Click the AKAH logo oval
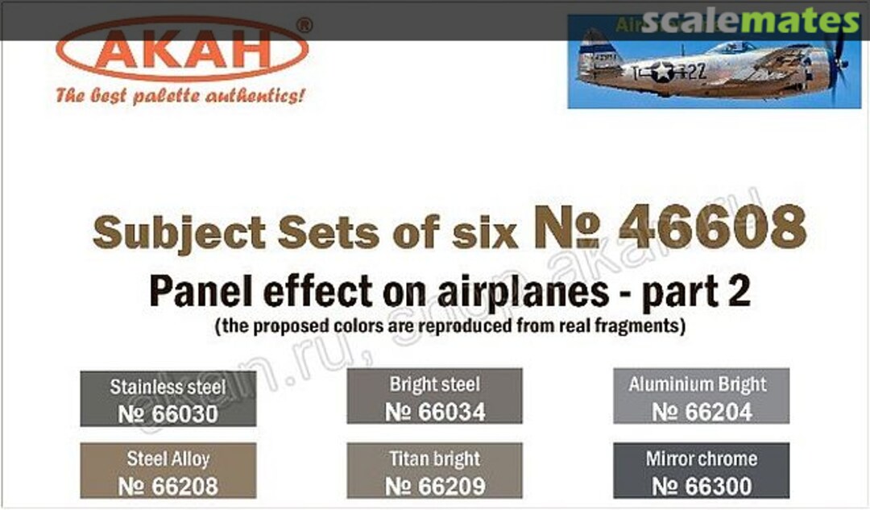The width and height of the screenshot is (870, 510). coord(182,50)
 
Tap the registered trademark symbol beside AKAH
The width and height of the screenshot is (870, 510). coord(304,26)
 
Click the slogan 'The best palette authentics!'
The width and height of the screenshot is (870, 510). coord(180,96)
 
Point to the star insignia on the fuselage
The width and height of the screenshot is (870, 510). coord(662,72)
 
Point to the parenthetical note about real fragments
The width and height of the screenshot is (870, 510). coord(449,328)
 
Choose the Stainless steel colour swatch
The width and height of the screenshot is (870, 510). coord(168,398)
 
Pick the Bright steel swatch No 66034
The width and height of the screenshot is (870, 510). coord(435,396)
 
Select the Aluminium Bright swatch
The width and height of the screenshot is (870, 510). coord(701,396)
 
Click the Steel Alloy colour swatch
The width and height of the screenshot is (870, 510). coord(168,471)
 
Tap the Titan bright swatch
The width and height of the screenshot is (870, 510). coord(435,471)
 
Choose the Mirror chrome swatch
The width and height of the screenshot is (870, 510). coord(701,471)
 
